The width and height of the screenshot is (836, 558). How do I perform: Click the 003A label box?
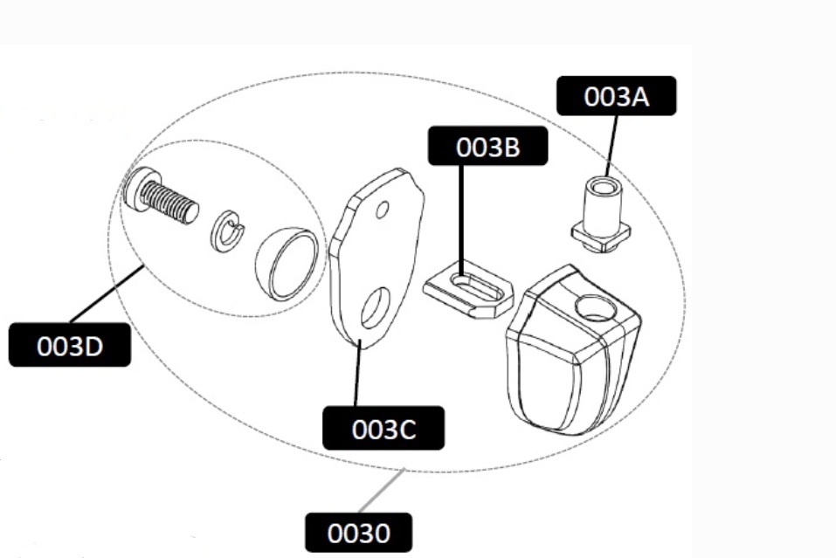click(x=617, y=96)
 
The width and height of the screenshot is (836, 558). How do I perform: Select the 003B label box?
click(x=487, y=146)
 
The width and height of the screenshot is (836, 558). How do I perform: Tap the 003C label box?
click(x=383, y=428)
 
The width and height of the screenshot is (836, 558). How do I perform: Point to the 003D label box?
click(x=70, y=345)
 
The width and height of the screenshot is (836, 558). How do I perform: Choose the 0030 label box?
click(x=358, y=533)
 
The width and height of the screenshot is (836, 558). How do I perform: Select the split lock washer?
click(x=228, y=231)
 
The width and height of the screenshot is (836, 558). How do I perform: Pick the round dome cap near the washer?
click(x=287, y=263)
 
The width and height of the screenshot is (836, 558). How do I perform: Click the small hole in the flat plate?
click(x=383, y=210)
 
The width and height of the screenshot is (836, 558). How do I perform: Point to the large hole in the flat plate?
click(x=376, y=308)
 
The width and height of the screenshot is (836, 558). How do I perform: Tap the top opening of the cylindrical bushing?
click(x=605, y=187)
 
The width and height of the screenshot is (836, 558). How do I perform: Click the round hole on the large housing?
click(x=596, y=307)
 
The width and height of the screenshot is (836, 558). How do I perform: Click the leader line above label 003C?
click(x=358, y=373)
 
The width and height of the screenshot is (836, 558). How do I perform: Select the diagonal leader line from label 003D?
click(x=107, y=294)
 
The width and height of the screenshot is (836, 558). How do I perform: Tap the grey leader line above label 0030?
click(x=382, y=491)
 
